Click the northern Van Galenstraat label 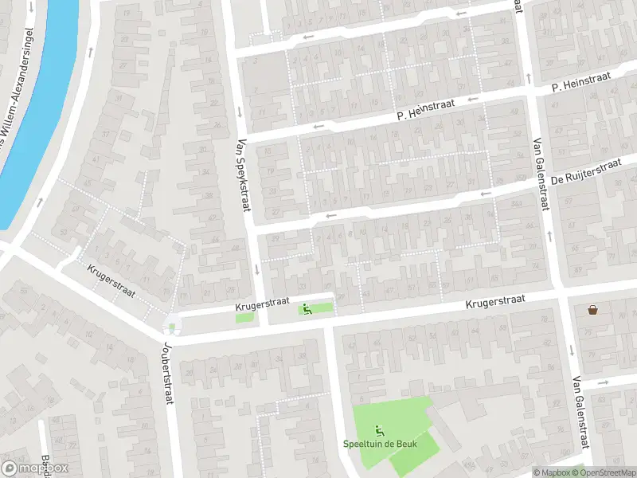point(541,174)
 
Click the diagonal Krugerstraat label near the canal point(111,281)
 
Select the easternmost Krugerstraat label point(495,301)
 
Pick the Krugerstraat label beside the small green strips point(260,305)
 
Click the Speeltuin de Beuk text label point(377,445)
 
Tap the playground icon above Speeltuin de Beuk point(378,431)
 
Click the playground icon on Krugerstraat point(307,309)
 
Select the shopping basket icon point(592,309)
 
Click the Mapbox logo point(35,468)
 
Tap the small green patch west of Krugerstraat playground point(245,318)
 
